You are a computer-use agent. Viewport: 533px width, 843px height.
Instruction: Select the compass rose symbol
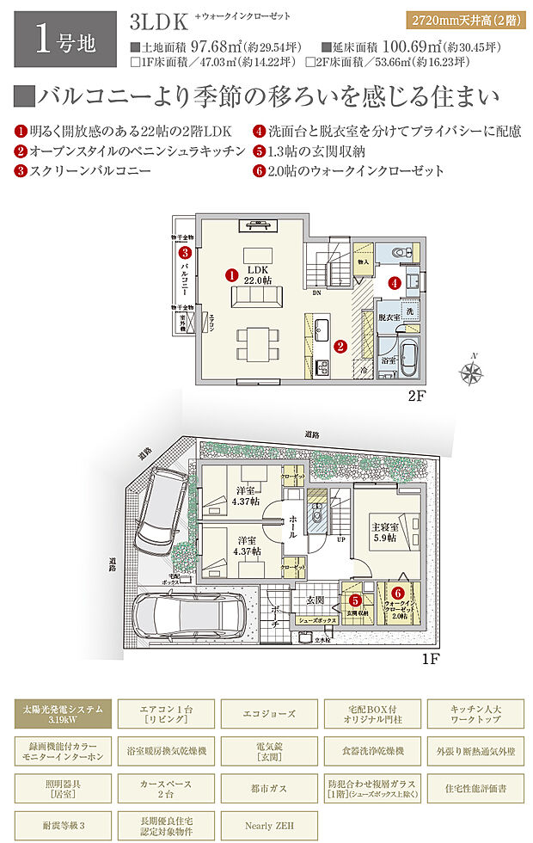click(472, 372)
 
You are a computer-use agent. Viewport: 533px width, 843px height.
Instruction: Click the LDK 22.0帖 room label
click(254, 274)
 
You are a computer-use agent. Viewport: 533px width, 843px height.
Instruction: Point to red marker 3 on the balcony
click(185, 253)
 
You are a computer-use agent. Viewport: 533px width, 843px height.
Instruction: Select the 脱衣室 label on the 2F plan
click(390, 317)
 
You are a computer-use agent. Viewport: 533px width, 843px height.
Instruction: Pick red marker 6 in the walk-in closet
click(397, 593)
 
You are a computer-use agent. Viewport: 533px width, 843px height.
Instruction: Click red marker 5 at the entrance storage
click(355, 600)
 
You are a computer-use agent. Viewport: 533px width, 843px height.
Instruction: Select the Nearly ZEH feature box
click(269, 825)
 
